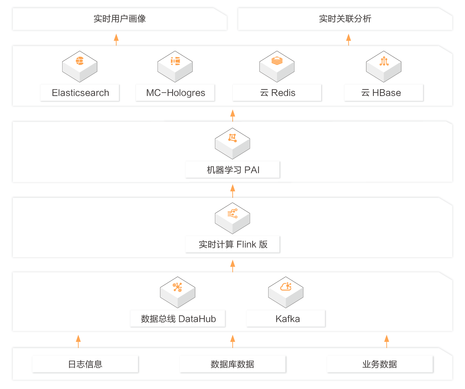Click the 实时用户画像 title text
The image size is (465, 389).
(x=120, y=19)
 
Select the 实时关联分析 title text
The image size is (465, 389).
(x=345, y=19)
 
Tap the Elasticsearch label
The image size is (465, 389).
(x=80, y=93)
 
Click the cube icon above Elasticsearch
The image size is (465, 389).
(x=80, y=66)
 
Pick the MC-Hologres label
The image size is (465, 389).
(x=175, y=93)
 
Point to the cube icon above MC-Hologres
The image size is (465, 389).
(x=175, y=66)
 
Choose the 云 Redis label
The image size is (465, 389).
(x=277, y=93)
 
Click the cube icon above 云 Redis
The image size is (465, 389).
(x=277, y=66)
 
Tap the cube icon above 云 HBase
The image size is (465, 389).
(x=383, y=66)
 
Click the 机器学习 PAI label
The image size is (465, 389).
(x=233, y=170)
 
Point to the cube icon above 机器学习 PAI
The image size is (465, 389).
(x=232, y=143)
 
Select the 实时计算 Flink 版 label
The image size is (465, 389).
(x=233, y=245)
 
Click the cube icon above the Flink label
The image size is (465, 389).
(x=232, y=218)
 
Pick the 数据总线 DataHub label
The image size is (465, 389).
(x=178, y=319)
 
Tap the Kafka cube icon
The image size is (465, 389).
(x=286, y=292)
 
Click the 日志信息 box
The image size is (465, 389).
(x=85, y=364)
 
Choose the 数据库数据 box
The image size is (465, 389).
(x=232, y=364)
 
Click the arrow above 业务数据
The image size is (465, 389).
(x=386, y=341)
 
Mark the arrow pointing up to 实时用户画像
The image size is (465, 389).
(x=116, y=39)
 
